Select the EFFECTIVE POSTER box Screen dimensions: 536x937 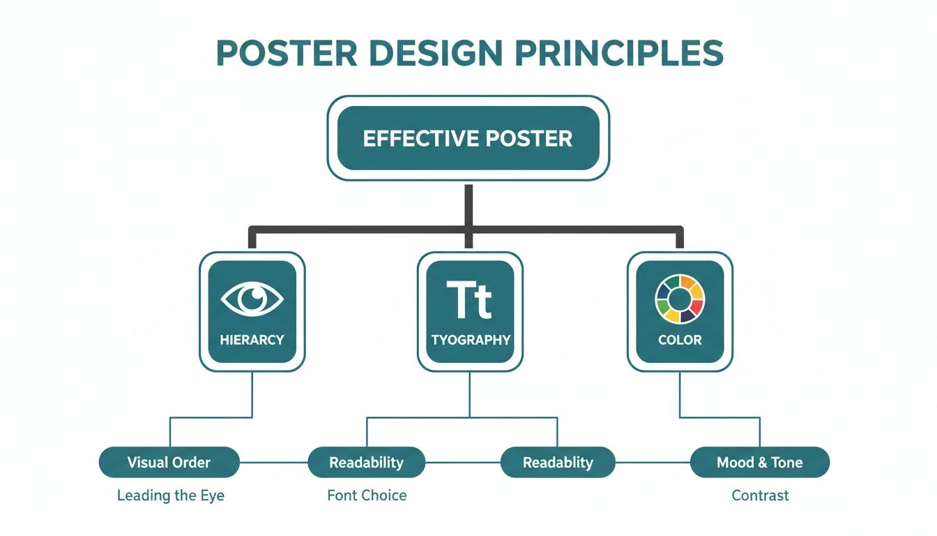tap(468, 138)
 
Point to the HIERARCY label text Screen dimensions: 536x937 tap(252, 340)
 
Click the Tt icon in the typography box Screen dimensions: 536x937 tap(469, 300)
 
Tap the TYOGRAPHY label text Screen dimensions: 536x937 tap(470, 340)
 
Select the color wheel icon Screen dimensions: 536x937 tap(680, 299)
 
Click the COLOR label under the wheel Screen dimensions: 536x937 tap(680, 340)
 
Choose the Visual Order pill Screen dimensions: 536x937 tap(169, 462)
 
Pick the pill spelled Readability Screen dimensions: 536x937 tap(366, 462)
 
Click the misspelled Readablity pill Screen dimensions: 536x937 tap(558, 462)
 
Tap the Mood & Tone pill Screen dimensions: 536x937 tap(759, 462)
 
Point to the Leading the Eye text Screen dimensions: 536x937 tap(171, 496)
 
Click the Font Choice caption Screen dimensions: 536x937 tap(367, 496)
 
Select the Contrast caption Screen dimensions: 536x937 tap(760, 496)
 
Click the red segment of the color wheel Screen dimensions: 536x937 tap(697, 306)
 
